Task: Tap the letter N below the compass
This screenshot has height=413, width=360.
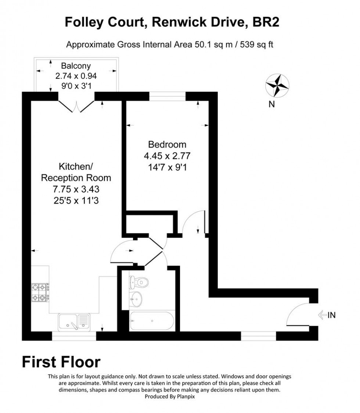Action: pos(271,104)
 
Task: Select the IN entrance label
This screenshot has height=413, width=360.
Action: pos(331,315)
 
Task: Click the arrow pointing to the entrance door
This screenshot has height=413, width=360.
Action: pos(322,315)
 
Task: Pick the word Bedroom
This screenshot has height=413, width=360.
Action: pos(167,144)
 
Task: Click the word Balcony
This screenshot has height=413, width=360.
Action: pos(76,66)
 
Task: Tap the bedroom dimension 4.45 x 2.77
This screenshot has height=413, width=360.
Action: pos(167,156)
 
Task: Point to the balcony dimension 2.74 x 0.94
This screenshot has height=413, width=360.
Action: pos(76,77)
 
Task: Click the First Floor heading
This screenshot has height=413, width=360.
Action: pos(61,362)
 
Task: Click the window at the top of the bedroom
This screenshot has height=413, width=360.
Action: pos(167,96)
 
